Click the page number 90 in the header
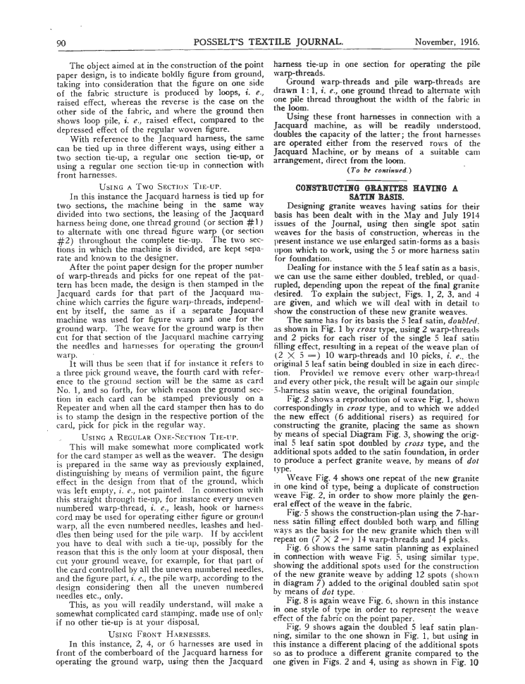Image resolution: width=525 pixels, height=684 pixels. coord(61,44)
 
